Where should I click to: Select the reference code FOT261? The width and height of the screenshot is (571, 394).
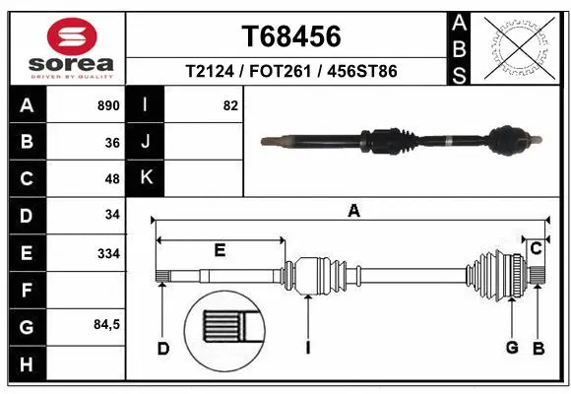290,72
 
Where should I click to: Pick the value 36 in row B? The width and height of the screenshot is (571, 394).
111,143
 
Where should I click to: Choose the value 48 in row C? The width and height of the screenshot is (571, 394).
111,179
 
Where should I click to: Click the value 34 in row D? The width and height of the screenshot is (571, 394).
111,215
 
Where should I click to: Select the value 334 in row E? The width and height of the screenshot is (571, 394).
107,253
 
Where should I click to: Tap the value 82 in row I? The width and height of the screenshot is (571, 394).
230,105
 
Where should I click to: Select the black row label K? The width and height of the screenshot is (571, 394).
145,178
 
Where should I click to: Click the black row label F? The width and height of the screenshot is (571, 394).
26,291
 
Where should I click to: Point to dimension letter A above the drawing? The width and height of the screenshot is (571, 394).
353,210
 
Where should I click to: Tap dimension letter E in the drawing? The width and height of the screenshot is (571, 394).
220,250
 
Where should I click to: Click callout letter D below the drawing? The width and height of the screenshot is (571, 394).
163,347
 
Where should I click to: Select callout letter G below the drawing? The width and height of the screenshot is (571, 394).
512,347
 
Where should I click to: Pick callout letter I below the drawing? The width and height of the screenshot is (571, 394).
308,347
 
